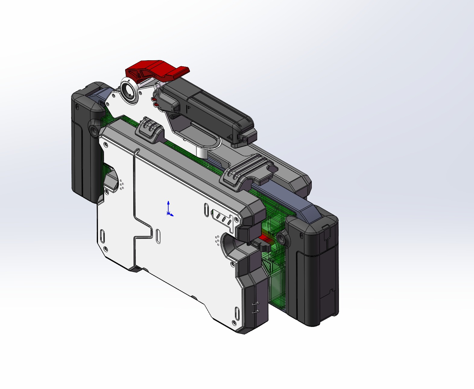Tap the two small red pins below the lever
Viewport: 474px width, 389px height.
pos(155,102)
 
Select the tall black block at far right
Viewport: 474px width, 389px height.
pos(314,271)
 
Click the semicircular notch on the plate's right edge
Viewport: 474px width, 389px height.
pos(229,244)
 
